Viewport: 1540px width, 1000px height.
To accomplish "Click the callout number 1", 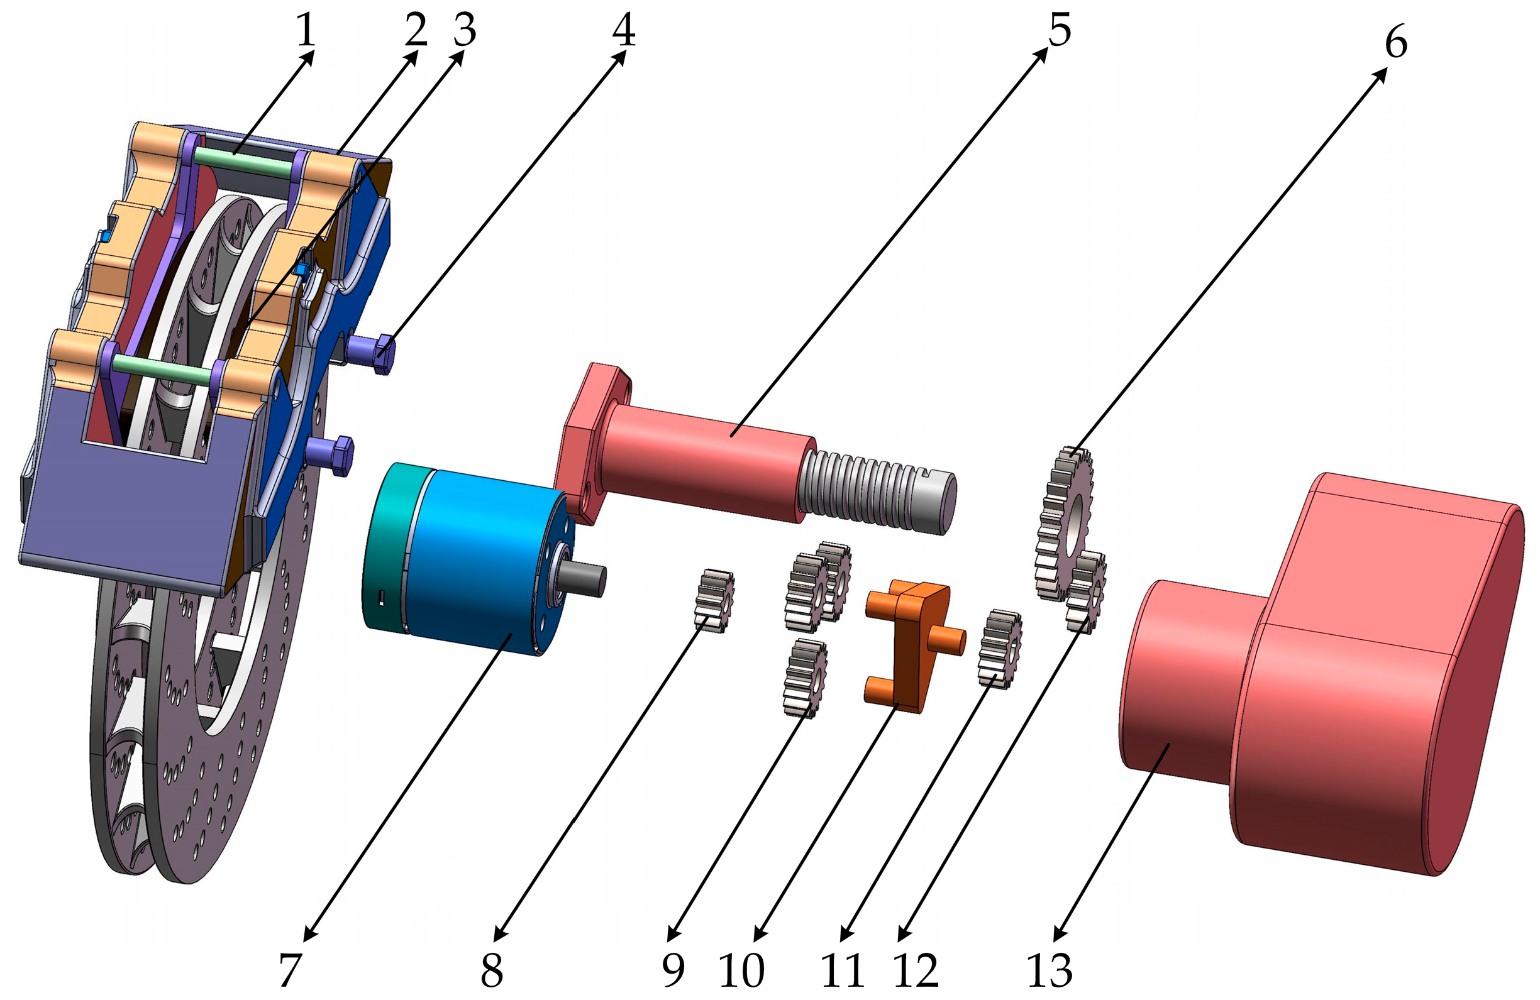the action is pyautogui.click(x=306, y=30).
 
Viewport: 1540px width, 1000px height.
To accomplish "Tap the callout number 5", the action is pyautogui.click(x=1059, y=30).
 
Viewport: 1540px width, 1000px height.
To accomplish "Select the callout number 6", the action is pyautogui.click(x=1396, y=43).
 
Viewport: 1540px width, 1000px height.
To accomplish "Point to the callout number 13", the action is pyautogui.click(x=1050, y=971).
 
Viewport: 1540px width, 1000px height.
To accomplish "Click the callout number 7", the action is pyautogui.click(x=291, y=971).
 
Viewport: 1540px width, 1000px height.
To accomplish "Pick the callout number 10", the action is pyautogui.click(x=741, y=971).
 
